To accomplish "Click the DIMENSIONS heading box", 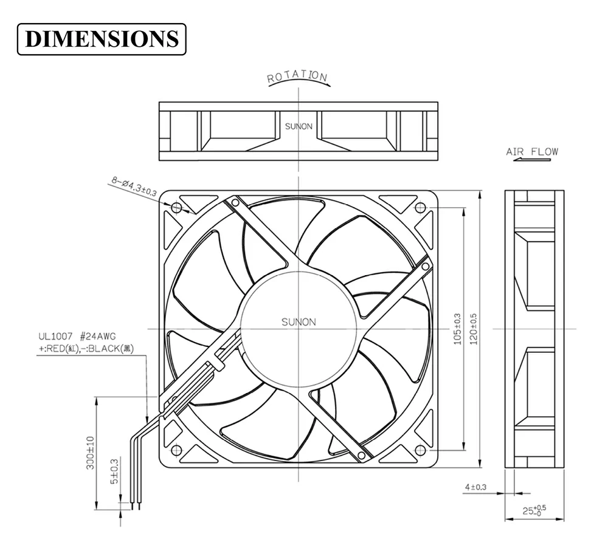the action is click(x=102, y=39).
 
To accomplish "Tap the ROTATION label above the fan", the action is click(x=297, y=77).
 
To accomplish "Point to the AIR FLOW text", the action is click(x=531, y=151).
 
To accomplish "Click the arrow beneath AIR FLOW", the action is click(x=531, y=160).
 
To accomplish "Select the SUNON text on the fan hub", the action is click(x=299, y=322).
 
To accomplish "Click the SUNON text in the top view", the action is click(x=299, y=126).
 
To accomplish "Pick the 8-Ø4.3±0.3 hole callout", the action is click(x=134, y=186).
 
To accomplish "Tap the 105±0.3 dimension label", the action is click(x=458, y=329).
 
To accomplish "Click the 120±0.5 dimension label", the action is click(x=474, y=329).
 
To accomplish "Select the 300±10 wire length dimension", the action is click(x=89, y=453).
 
